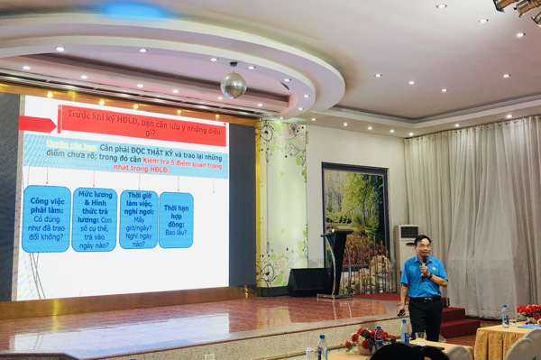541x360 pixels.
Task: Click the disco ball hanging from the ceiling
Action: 234,85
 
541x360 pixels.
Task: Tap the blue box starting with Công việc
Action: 46,218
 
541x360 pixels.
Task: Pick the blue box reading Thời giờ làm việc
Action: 138,218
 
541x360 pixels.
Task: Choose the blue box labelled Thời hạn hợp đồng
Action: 176,219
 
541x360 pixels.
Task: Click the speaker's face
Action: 424,246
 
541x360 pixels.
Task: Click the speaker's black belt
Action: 425,299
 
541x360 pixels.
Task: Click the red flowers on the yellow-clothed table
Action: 529,312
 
